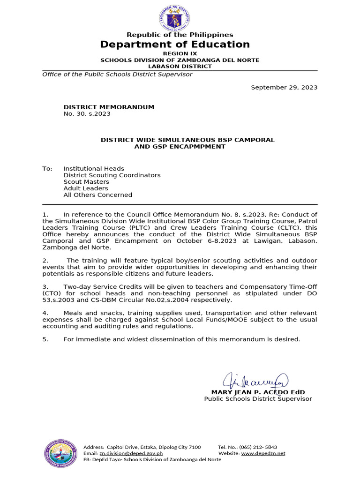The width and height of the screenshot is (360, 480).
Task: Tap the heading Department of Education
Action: point(175,45)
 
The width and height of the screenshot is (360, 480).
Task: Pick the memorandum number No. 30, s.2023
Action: point(87,113)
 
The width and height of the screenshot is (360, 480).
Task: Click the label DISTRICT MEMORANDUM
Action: point(109,107)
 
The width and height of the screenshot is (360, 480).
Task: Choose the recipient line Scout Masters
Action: point(86,181)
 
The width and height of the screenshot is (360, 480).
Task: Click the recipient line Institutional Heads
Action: point(94,168)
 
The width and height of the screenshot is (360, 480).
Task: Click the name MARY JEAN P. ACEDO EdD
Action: point(258,392)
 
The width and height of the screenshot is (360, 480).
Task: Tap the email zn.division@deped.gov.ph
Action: point(131,453)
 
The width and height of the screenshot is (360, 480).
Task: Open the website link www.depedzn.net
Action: point(263,453)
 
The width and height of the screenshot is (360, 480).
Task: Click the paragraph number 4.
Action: point(45,313)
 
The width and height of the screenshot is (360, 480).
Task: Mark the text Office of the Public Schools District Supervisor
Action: point(117,74)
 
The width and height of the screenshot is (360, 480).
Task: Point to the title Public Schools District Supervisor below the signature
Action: point(258,398)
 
